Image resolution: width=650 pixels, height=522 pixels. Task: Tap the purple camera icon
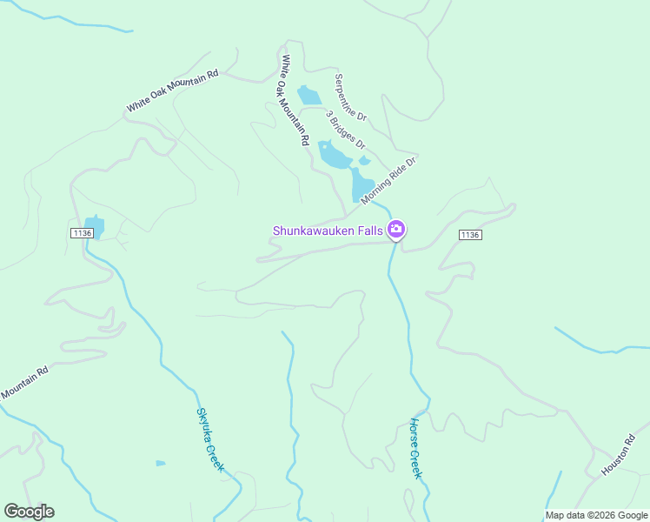click(x=397, y=231)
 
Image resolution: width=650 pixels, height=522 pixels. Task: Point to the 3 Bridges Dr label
click(x=345, y=129)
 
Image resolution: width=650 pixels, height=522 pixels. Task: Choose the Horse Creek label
click(x=415, y=448)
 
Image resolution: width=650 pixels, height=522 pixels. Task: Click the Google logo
click(x=29, y=512)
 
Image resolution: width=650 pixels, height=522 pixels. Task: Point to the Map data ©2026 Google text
click(x=596, y=515)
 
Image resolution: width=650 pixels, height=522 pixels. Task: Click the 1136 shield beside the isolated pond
click(x=82, y=233)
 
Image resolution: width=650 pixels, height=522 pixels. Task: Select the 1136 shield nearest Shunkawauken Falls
click(x=469, y=235)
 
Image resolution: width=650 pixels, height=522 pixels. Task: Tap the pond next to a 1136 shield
click(x=95, y=227)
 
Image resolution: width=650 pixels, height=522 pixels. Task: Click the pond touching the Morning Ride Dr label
click(x=361, y=185)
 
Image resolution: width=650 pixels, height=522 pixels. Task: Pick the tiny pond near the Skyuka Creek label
click(x=160, y=463)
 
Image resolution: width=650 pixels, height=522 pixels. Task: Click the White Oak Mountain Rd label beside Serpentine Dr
click(x=295, y=100)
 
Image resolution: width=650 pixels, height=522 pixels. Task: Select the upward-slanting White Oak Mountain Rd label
click(x=172, y=91)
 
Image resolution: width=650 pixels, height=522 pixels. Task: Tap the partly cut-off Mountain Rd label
click(x=23, y=384)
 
